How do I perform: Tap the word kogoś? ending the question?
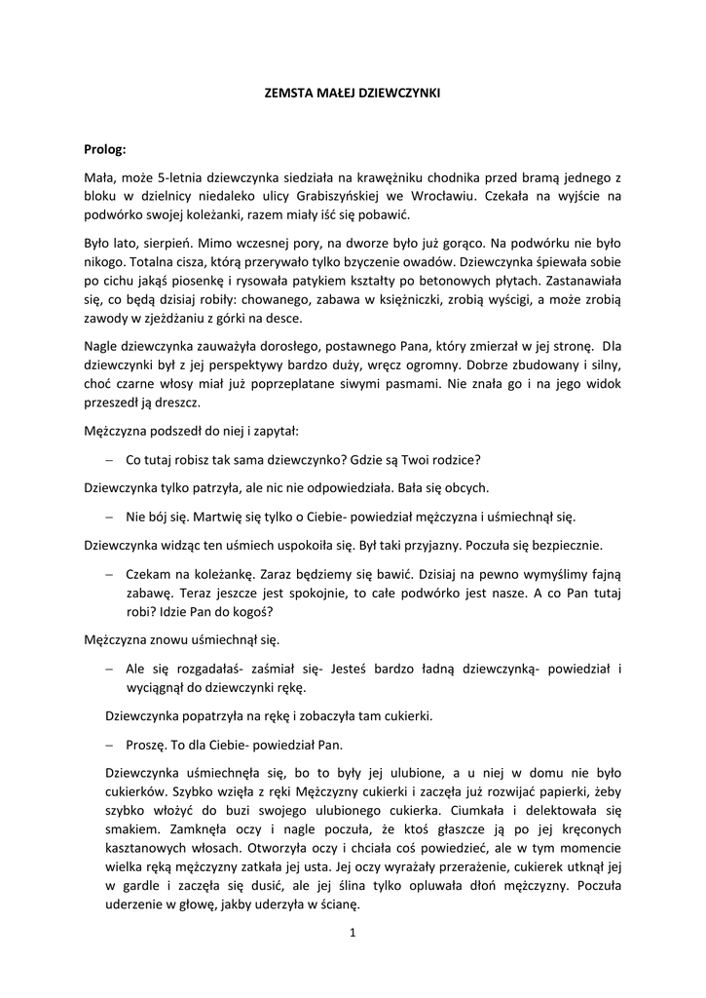(x=251, y=611)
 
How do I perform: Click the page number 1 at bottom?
(x=353, y=934)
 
